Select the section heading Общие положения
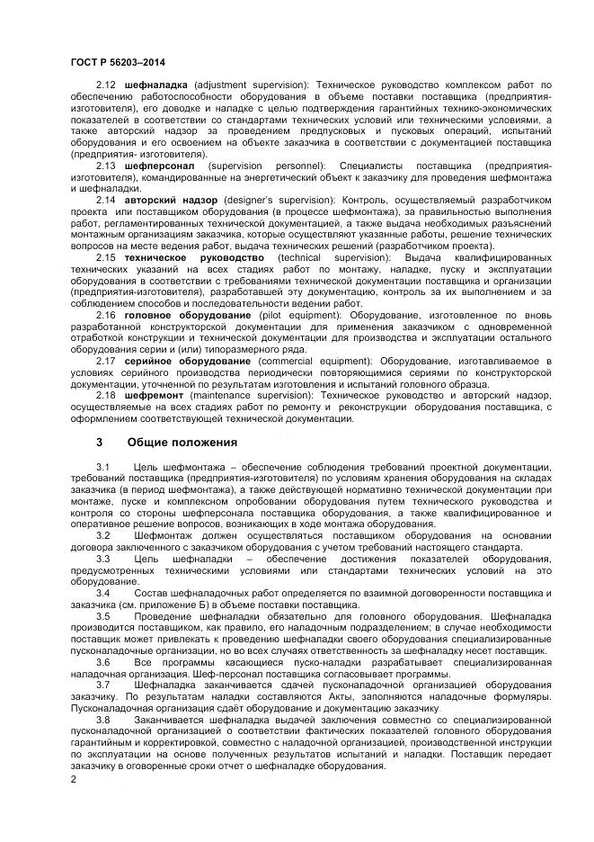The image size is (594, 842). pyautogui.click(x=182, y=442)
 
